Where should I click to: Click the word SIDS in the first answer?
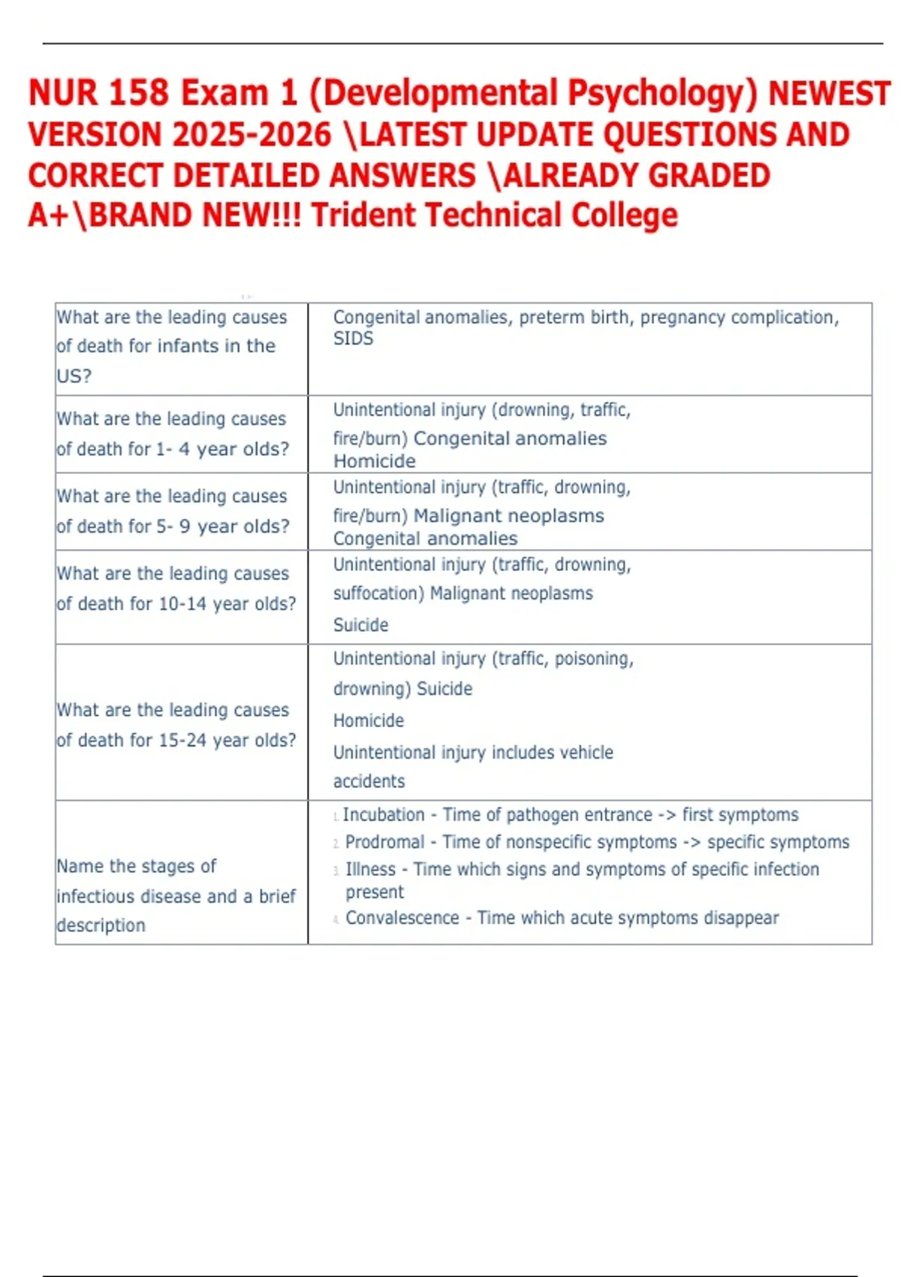point(353,339)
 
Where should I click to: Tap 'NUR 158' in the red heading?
point(98,93)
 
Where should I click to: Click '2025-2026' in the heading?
point(252,135)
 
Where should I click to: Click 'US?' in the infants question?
point(74,376)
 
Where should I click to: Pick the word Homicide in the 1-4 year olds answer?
point(374,461)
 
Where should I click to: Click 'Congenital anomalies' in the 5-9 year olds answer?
point(425,539)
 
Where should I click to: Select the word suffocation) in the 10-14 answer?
point(378,593)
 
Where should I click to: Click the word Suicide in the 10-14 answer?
point(360,625)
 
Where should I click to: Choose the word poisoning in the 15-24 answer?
point(593,659)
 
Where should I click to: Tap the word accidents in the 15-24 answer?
point(369,781)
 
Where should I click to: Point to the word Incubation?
point(384,815)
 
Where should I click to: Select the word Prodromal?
point(384,842)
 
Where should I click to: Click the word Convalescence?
point(402,918)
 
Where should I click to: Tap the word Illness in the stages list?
point(370,869)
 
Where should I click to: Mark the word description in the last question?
point(101,925)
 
